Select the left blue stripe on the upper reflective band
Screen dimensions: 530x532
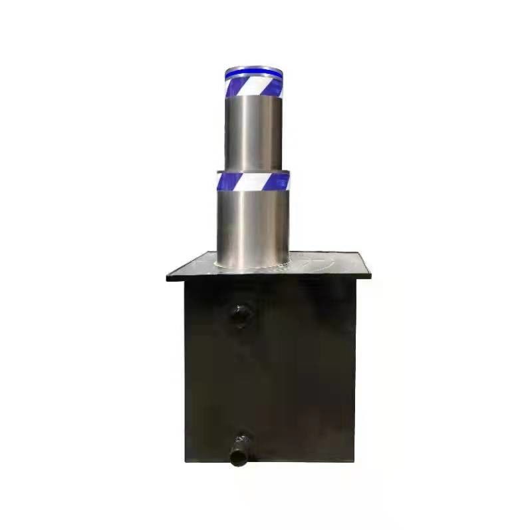[233, 86]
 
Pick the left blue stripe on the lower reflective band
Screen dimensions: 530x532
[226, 180]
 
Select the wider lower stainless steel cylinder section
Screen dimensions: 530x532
[253, 223]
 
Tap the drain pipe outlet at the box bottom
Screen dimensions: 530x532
[240, 455]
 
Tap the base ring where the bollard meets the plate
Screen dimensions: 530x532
[253, 265]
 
